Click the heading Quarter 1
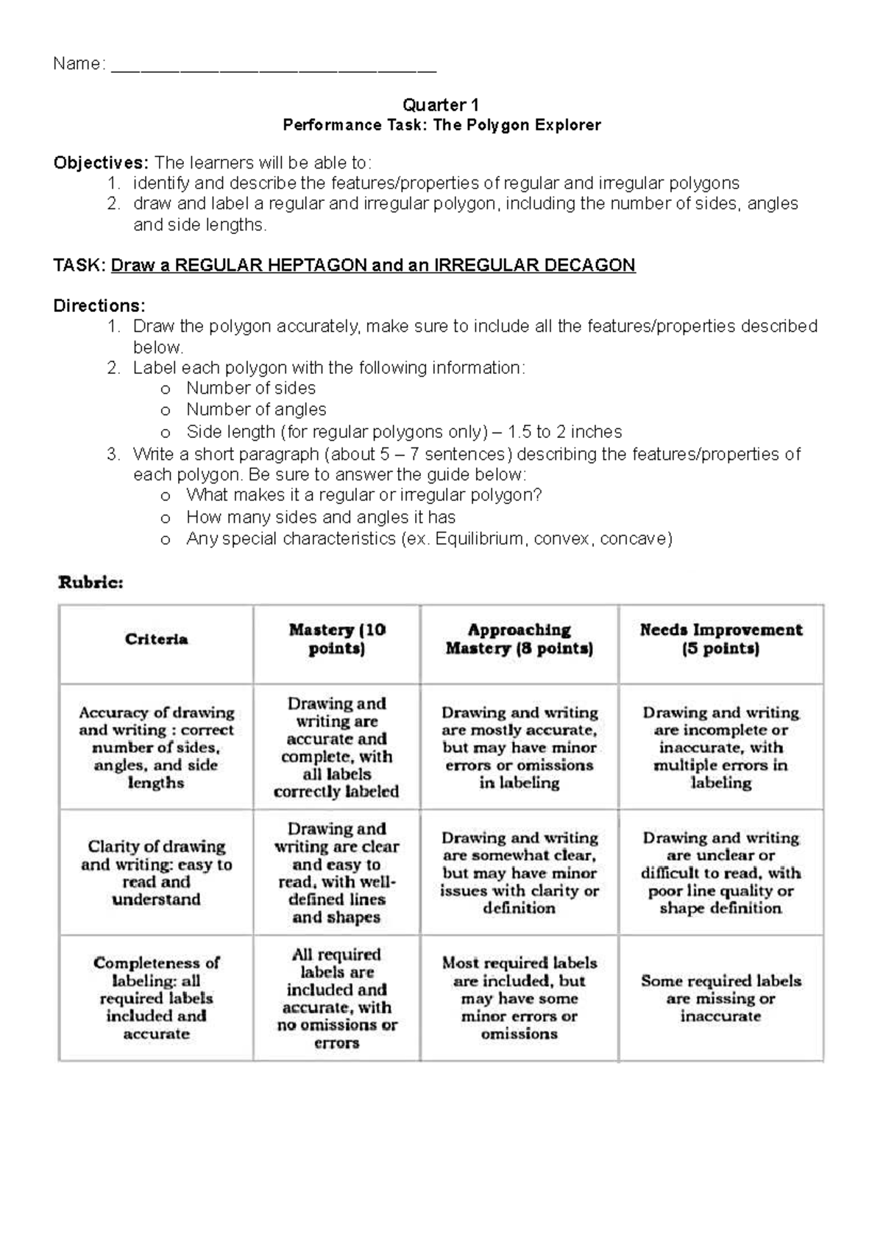pyautogui.click(x=441, y=104)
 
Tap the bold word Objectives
pyautogui.click(x=101, y=163)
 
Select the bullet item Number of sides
pyautogui.click(x=251, y=388)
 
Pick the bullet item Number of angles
pyautogui.click(x=256, y=409)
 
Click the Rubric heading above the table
pyautogui.click(x=91, y=583)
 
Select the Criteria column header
pyautogui.click(x=156, y=639)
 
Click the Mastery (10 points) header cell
pyautogui.click(x=337, y=639)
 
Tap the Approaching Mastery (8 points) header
pyautogui.click(x=519, y=639)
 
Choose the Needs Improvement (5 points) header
pyautogui.click(x=720, y=639)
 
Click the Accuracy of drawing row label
pyautogui.click(x=156, y=747)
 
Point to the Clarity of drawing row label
pyautogui.click(x=156, y=872)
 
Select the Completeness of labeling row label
pyautogui.click(x=156, y=997)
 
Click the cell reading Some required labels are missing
pyautogui.click(x=720, y=997)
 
